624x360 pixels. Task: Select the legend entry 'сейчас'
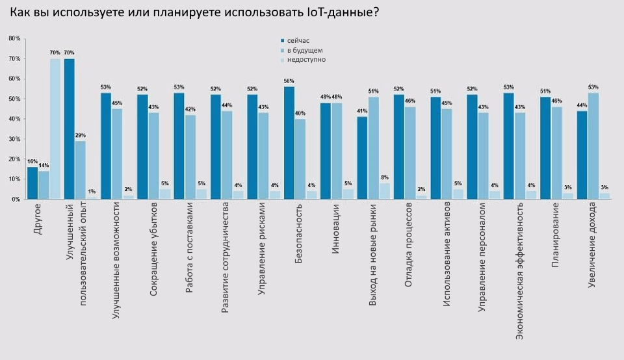[x=298, y=40]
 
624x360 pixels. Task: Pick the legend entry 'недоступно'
[x=305, y=60]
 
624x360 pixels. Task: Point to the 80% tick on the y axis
[x=14, y=38]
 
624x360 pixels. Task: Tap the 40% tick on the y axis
[x=14, y=119]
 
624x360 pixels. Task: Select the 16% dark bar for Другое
[x=32, y=183]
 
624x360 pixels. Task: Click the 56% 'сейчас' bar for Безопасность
[x=289, y=143]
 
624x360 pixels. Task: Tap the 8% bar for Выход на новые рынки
[x=385, y=191]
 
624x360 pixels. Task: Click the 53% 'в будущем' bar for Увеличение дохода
[x=593, y=146]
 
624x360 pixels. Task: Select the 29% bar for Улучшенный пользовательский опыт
[x=81, y=170]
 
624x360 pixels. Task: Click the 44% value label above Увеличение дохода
[x=582, y=105]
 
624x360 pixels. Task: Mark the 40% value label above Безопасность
[x=300, y=113]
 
